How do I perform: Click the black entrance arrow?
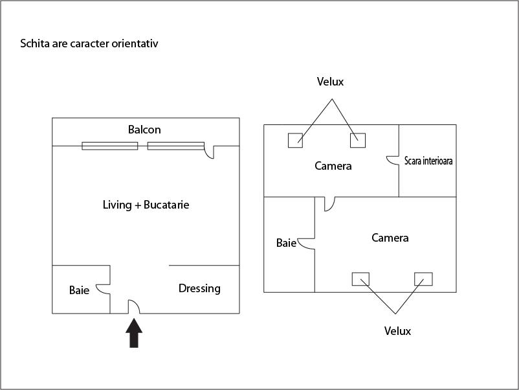point(134,334)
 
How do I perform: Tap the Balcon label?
point(144,130)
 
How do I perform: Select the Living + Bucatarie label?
point(146,205)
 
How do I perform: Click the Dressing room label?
point(199,288)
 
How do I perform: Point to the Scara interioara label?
point(428,161)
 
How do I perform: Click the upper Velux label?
point(330,82)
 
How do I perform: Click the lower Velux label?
point(397,331)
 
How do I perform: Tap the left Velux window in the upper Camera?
point(295,140)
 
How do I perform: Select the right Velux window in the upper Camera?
point(358,140)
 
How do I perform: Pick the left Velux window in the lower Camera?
point(360,279)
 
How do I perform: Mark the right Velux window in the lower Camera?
point(423,279)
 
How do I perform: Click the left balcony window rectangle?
point(109,146)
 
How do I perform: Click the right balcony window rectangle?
point(175,146)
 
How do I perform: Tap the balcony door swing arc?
point(209,152)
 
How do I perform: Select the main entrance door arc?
point(133,307)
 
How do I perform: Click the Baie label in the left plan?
point(79,290)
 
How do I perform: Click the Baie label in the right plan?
point(286,243)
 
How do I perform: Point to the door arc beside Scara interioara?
point(392,159)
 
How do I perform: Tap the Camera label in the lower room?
point(390,238)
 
